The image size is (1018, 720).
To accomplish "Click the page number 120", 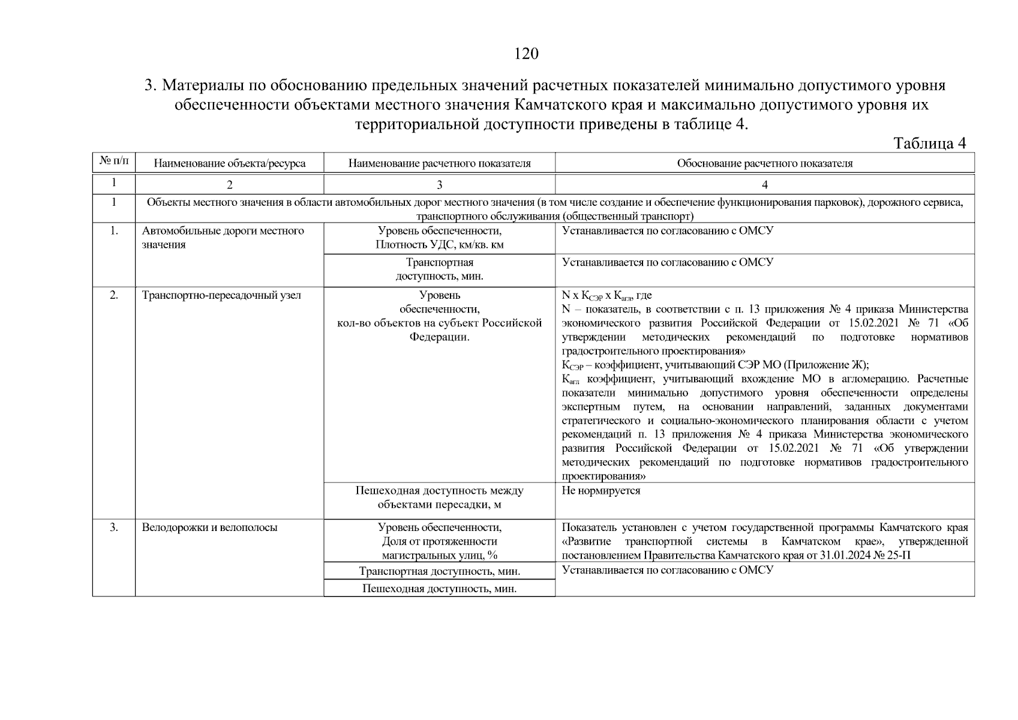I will pyautogui.click(x=526, y=54).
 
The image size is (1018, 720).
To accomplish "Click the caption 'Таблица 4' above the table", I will pyautogui.click(x=929, y=143).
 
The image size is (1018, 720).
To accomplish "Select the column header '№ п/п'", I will pyautogui.click(x=113, y=161).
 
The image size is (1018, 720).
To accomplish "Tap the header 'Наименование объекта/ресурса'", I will pyautogui.click(x=229, y=163).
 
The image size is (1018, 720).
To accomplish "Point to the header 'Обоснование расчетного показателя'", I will pyautogui.click(x=764, y=163).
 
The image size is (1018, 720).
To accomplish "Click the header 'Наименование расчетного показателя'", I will pyautogui.click(x=439, y=163).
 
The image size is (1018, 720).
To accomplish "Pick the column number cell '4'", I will pyautogui.click(x=764, y=185).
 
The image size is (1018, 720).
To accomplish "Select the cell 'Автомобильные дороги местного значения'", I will pyautogui.click(x=223, y=238).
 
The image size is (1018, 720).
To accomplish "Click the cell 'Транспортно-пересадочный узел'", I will pyautogui.click(x=221, y=295).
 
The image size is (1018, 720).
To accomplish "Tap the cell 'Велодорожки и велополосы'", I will pyautogui.click(x=209, y=528).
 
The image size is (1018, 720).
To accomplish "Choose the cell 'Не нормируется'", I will pyautogui.click(x=600, y=491).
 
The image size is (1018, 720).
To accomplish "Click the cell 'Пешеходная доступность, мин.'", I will pyautogui.click(x=439, y=589).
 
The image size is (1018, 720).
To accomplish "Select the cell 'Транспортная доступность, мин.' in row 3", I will pyautogui.click(x=439, y=571).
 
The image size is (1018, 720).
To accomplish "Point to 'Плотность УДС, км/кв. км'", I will pyautogui.click(x=439, y=245).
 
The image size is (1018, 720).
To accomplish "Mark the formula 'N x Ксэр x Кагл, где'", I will pyautogui.click(x=606, y=296).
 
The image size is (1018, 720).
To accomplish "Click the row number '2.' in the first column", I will pyautogui.click(x=113, y=295).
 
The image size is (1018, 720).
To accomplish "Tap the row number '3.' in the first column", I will pyautogui.click(x=113, y=528).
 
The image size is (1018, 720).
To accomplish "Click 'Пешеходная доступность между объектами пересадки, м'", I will pyautogui.click(x=439, y=497).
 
